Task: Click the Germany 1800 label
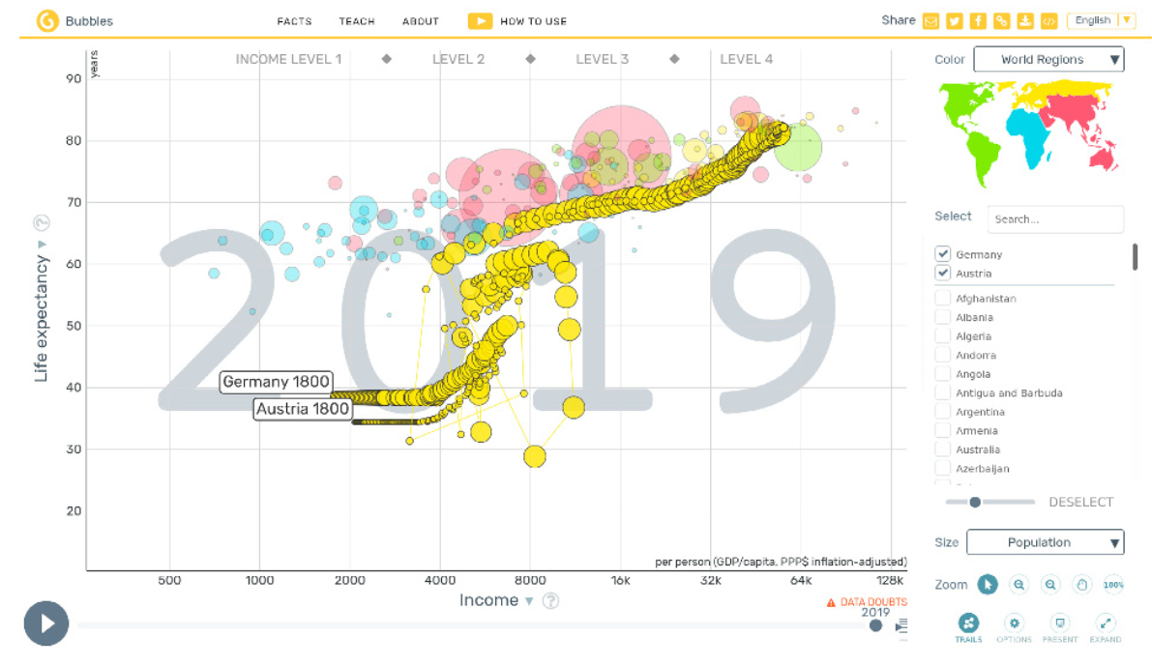click(x=276, y=382)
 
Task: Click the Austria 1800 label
click(x=303, y=409)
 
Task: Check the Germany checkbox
click(x=943, y=254)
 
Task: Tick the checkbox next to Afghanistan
click(x=943, y=299)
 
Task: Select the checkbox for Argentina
click(x=943, y=412)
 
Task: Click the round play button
click(x=46, y=623)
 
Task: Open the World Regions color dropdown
click(x=1049, y=60)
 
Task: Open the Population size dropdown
click(x=1045, y=542)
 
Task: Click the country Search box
click(x=1055, y=219)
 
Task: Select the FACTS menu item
click(x=294, y=21)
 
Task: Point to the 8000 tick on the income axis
click(x=530, y=581)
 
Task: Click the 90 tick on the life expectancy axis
click(x=74, y=78)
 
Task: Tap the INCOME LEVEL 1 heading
click(x=288, y=59)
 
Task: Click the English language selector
click(x=1101, y=20)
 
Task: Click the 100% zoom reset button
click(x=1113, y=584)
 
